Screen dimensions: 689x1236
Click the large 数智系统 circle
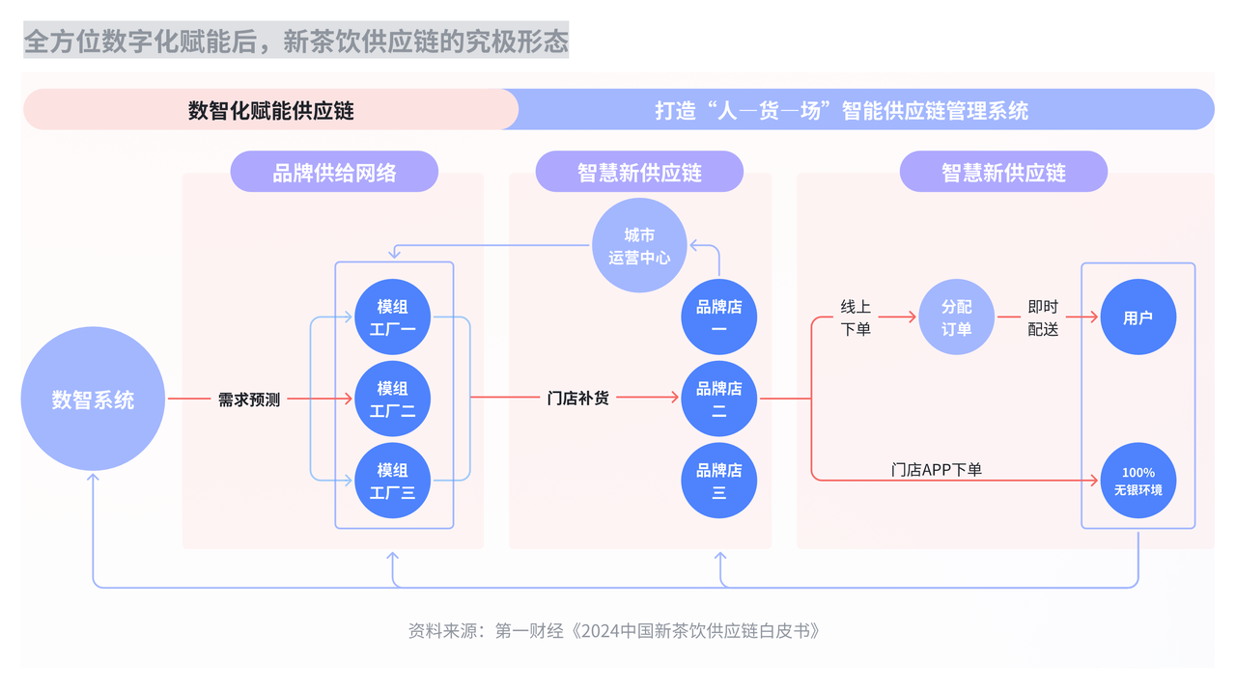(x=93, y=400)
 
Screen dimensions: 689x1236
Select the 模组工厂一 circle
(x=393, y=317)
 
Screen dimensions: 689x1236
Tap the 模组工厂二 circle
(x=393, y=400)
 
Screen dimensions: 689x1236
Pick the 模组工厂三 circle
(x=393, y=481)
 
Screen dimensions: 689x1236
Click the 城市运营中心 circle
(x=638, y=246)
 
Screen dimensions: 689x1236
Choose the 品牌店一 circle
(x=718, y=317)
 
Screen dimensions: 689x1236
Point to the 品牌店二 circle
(x=718, y=400)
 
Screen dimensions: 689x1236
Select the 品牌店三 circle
(x=718, y=481)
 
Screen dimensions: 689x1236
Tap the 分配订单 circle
(x=956, y=317)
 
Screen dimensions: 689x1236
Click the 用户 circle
(x=1138, y=317)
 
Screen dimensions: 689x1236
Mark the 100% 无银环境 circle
(x=1138, y=481)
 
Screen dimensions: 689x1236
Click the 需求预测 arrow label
(x=249, y=400)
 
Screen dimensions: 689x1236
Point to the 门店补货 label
(x=578, y=398)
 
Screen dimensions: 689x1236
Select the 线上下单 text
(x=856, y=317)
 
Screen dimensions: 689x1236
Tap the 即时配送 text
(x=1043, y=317)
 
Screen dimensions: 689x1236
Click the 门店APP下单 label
(x=936, y=470)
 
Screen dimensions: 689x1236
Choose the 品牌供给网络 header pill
(x=334, y=173)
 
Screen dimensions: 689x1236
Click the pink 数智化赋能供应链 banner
(x=270, y=110)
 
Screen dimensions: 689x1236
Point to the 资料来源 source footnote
(x=614, y=631)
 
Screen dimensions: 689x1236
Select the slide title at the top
(x=295, y=41)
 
